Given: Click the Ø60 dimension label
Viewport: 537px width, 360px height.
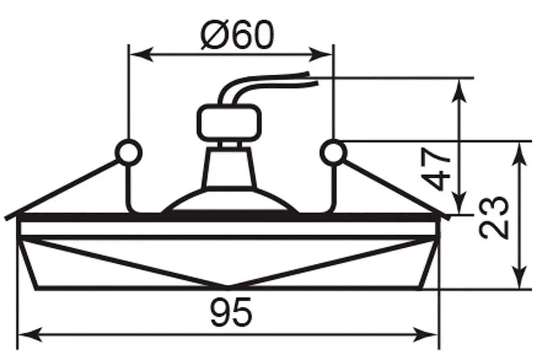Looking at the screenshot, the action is [238, 34].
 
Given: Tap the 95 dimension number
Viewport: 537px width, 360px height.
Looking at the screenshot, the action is [231, 312].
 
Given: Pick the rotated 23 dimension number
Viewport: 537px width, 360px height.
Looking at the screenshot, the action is [494, 218].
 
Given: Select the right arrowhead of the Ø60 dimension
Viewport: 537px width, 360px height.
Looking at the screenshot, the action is [321, 54].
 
